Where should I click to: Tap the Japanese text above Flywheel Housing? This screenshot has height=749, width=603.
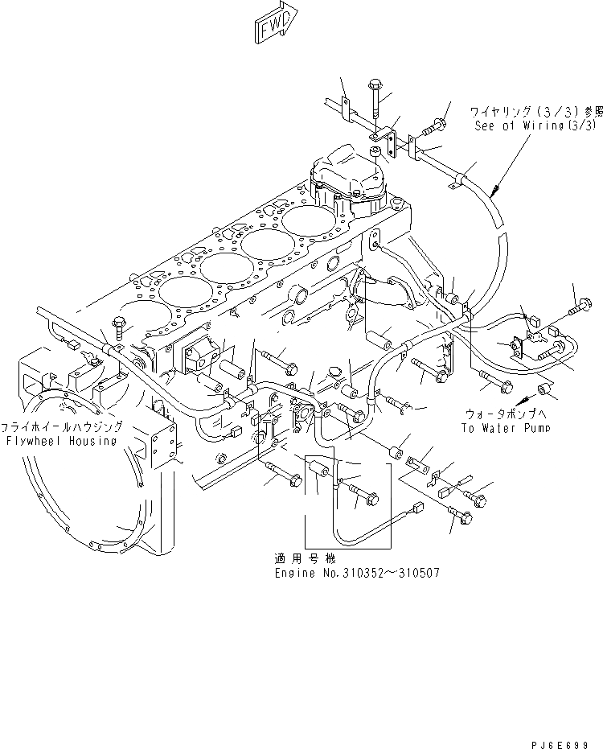[63, 427]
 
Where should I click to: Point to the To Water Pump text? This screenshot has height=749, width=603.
[506, 427]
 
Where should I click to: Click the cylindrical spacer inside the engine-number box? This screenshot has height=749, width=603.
[318, 467]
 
